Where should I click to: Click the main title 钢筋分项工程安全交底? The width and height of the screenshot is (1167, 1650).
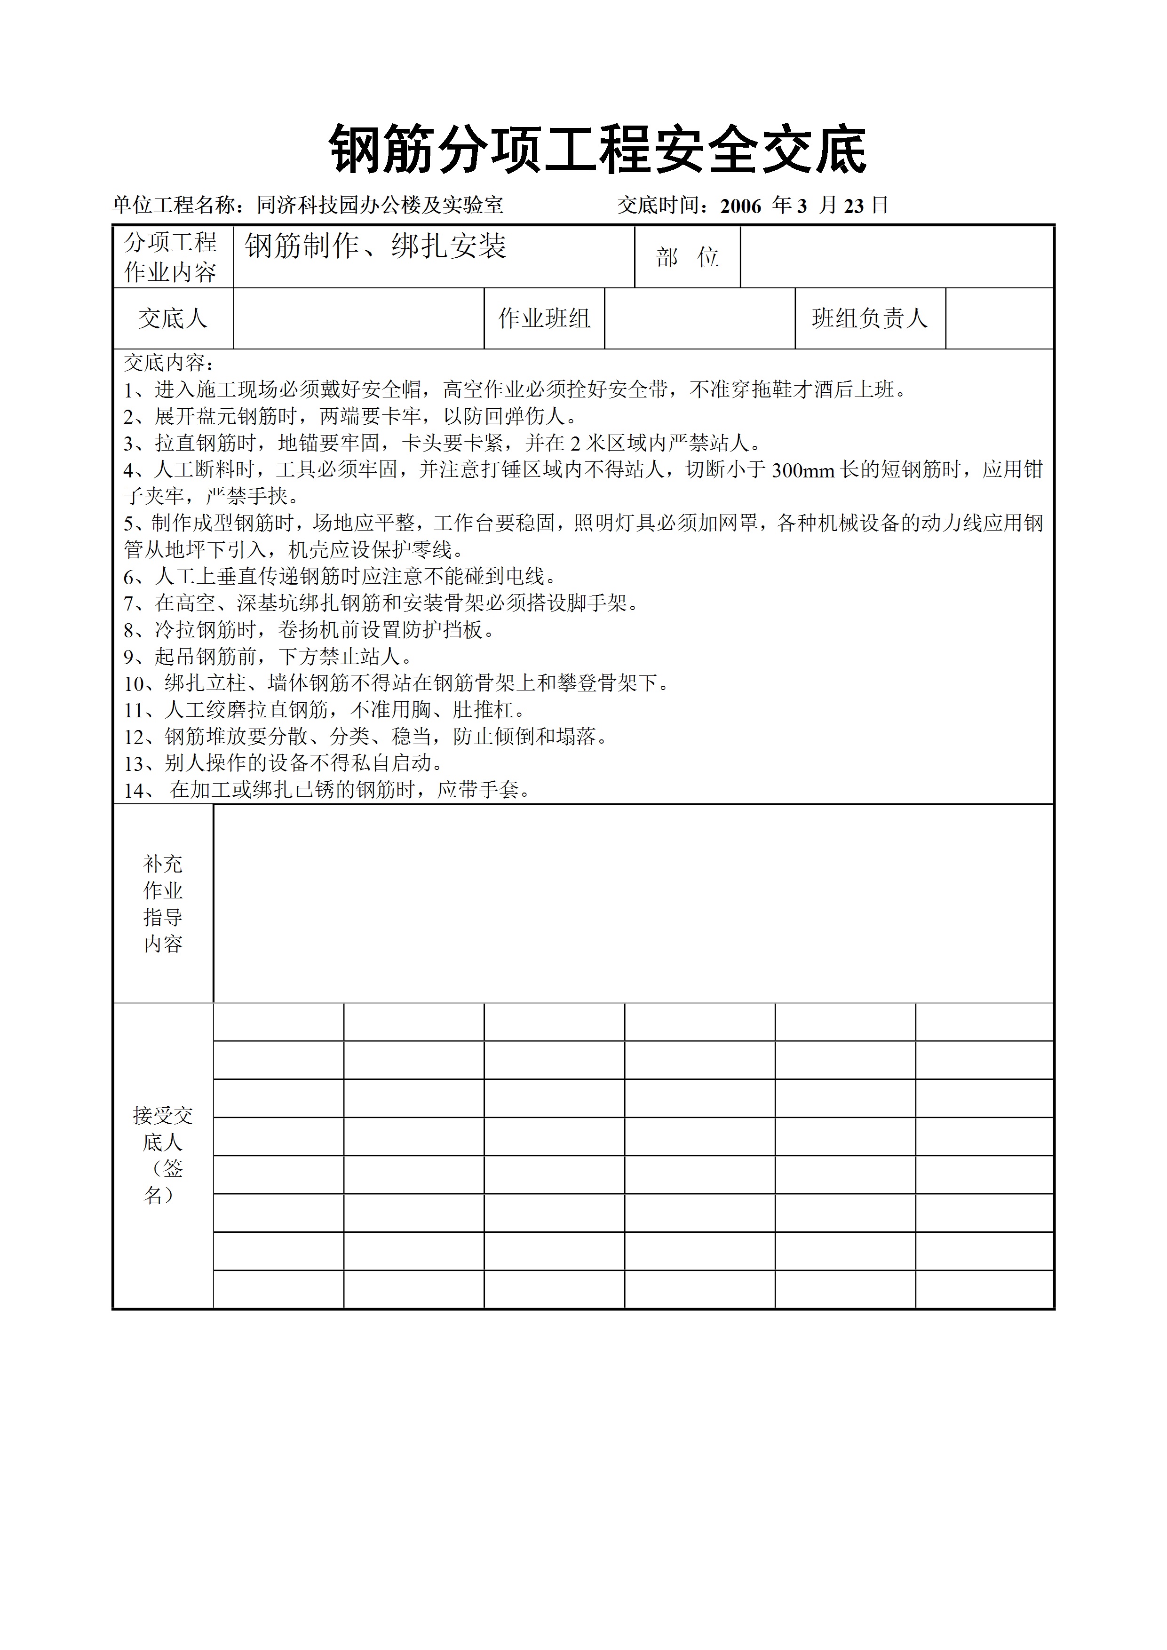597,150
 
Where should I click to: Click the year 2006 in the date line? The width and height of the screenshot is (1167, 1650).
740,206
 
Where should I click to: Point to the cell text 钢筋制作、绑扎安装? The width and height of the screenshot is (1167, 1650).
375,246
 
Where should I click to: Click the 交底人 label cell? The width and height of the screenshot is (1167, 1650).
173,318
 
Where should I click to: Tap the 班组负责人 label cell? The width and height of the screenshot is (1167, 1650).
870,318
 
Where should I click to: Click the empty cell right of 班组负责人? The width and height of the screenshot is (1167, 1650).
999,318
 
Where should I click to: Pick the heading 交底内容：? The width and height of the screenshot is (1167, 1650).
170,363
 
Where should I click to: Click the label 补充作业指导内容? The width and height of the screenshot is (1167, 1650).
163,904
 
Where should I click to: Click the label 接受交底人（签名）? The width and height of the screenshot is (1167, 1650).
163,1155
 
